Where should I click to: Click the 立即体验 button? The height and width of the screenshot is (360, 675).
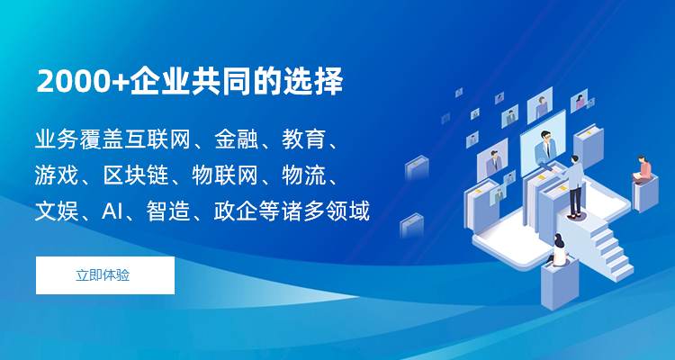click(x=105, y=275)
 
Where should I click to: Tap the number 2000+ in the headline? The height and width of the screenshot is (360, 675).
click(x=83, y=81)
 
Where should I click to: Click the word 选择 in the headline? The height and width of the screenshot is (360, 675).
click(x=312, y=81)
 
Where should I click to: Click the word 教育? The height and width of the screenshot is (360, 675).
click(x=303, y=140)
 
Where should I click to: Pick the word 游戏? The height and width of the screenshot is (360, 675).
click(x=57, y=176)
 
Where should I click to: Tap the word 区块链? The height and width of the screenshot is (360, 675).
click(x=136, y=176)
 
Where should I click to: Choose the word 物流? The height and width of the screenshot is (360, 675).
click(x=303, y=176)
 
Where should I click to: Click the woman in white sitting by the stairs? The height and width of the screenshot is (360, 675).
click(x=558, y=250)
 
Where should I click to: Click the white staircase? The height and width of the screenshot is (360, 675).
click(x=607, y=250)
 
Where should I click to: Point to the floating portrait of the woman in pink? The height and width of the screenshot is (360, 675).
click(x=580, y=101)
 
